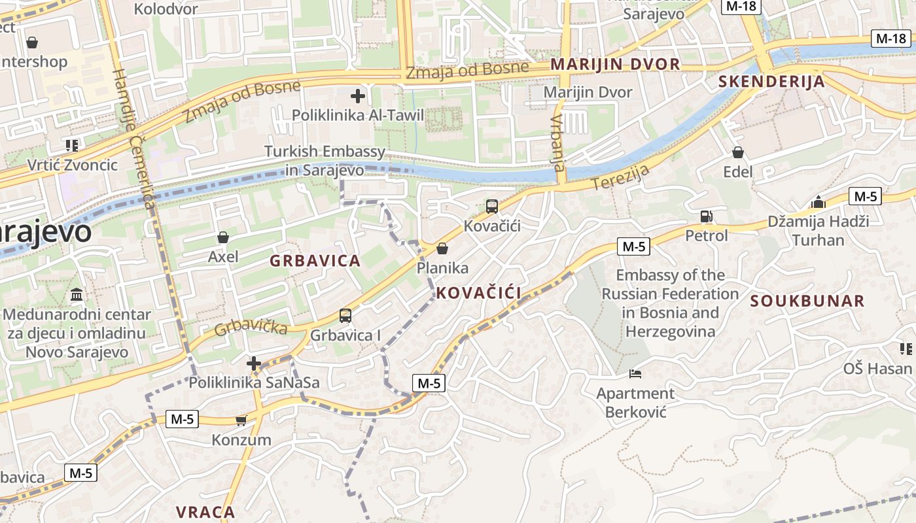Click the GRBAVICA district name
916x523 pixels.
pyautogui.click(x=315, y=261)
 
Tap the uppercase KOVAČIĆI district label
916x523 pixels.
pyautogui.click(x=479, y=293)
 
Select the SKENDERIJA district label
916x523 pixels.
pyautogui.click(x=771, y=82)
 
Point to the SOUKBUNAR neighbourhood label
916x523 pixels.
pyautogui.click(x=807, y=301)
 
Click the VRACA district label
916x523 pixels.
pyautogui.click(x=205, y=511)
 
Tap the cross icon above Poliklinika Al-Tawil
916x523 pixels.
pyautogui.click(x=357, y=97)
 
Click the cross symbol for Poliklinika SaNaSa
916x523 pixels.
pyautogui.click(x=254, y=363)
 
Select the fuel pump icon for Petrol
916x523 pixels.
pyautogui.click(x=706, y=216)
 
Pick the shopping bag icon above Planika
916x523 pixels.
pyautogui.click(x=442, y=248)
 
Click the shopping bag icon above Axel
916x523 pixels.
pyautogui.click(x=222, y=237)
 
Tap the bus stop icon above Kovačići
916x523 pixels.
pyautogui.click(x=492, y=207)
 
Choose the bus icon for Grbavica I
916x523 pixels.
pyautogui.click(x=345, y=316)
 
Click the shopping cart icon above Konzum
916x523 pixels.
pyautogui.click(x=241, y=420)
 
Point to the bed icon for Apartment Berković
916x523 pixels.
pyautogui.click(x=635, y=374)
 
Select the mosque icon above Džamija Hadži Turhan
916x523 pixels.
pyautogui.click(x=818, y=202)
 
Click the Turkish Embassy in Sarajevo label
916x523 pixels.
pyautogui.click(x=325, y=161)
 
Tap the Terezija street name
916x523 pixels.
pyautogui.click(x=620, y=177)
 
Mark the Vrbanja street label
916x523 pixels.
pyautogui.click(x=558, y=143)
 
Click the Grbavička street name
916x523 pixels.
pyautogui.click(x=251, y=325)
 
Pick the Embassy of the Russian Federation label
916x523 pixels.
pyautogui.click(x=669, y=303)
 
